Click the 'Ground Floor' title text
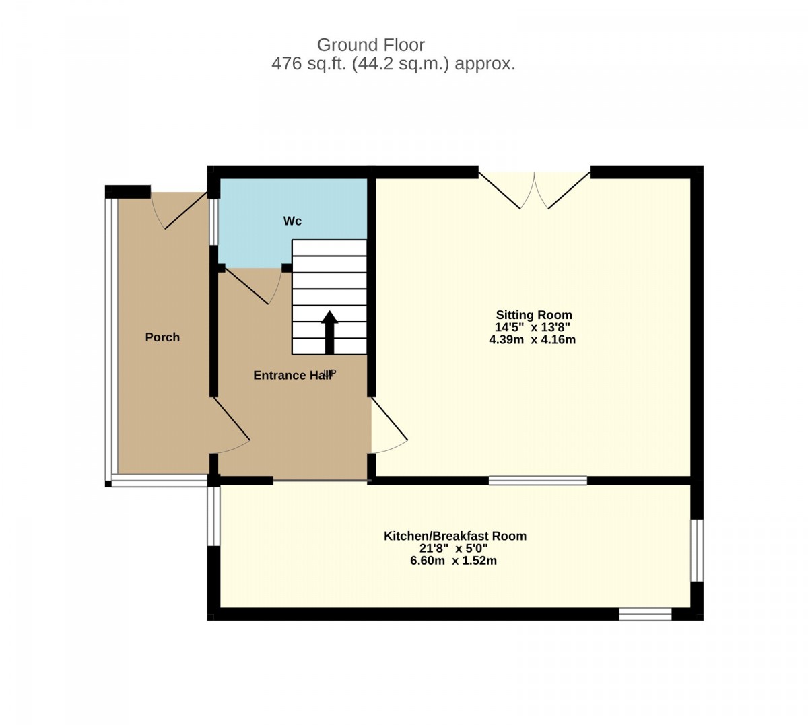[x=370, y=45]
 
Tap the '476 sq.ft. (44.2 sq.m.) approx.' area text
[x=393, y=63]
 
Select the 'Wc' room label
[x=292, y=221]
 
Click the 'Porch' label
[x=162, y=337]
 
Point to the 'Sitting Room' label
[x=534, y=314]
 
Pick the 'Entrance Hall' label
[x=292, y=375]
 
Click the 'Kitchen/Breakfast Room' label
[x=455, y=536]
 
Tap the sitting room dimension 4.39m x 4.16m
[x=533, y=339]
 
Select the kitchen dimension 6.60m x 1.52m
[x=453, y=561]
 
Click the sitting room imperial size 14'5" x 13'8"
[x=533, y=327]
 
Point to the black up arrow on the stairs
[x=329, y=333]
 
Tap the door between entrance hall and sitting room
[x=389, y=425]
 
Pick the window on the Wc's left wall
[x=214, y=221]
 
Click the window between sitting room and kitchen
[x=538, y=480]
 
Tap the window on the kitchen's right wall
[x=697, y=551]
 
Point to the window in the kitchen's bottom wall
[x=645, y=614]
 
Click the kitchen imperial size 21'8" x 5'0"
[x=453, y=549]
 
